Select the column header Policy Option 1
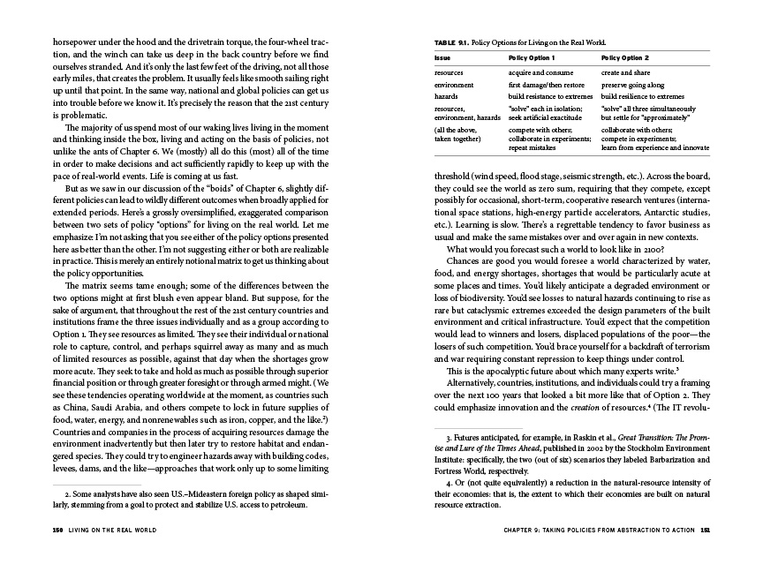coord(533,56)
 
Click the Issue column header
coord(442,56)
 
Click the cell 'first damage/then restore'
coord(548,84)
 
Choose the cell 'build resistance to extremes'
coord(553,96)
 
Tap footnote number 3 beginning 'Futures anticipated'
coord(449,436)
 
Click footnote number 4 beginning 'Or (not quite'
coord(449,483)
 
